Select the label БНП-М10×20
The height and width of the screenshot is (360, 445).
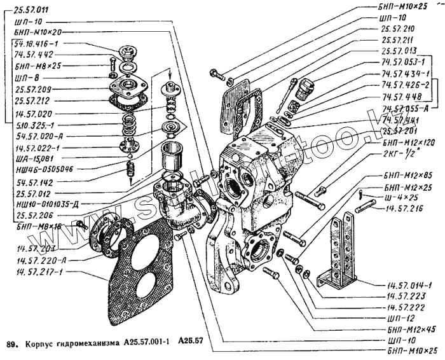(39, 32)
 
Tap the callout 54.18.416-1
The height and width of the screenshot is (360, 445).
(38, 43)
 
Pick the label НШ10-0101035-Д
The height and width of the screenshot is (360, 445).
(47, 204)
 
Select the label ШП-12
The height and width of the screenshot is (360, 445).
(399, 317)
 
